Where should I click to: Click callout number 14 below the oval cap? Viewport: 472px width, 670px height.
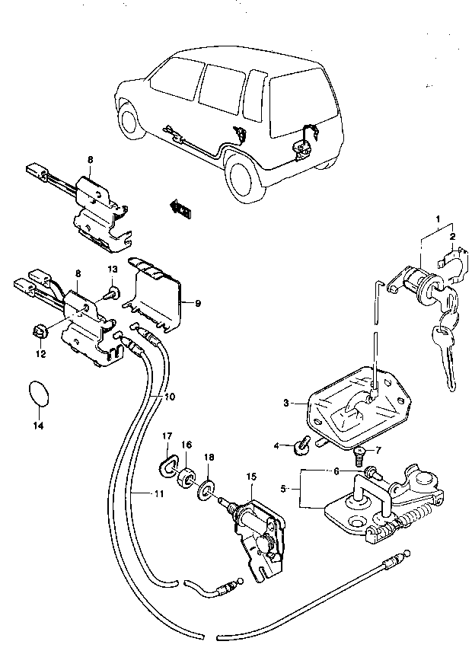pos(38,426)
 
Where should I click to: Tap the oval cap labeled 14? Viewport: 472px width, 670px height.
pos(39,392)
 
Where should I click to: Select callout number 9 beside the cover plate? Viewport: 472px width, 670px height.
pos(197,303)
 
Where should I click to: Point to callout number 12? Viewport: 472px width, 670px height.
pos(41,354)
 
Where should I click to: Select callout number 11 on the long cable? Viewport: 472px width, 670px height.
pos(159,494)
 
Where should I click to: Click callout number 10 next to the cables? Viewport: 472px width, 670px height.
pos(170,397)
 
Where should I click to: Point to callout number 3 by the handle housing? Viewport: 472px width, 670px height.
pos(285,403)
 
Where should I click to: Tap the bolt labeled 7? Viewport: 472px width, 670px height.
pos(359,456)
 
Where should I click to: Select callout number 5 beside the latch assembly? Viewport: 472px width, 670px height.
pos(282,489)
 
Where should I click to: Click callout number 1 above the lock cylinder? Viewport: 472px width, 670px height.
pos(438,219)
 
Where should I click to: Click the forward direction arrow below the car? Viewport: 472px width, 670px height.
pos(181,209)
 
